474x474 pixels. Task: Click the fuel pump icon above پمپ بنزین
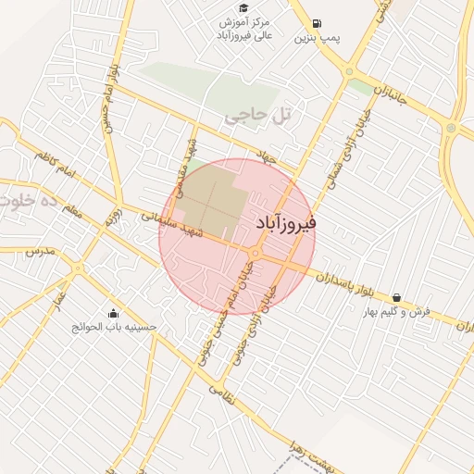(318, 24)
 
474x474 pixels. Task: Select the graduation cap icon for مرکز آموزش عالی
(242, 8)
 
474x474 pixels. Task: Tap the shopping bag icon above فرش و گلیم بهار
(396, 298)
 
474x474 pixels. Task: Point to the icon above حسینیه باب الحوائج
(113, 314)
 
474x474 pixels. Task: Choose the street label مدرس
(41, 251)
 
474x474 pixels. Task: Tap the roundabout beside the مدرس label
(74, 268)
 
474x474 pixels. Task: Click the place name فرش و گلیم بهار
(397, 311)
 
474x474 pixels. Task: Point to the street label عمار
(57, 301)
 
